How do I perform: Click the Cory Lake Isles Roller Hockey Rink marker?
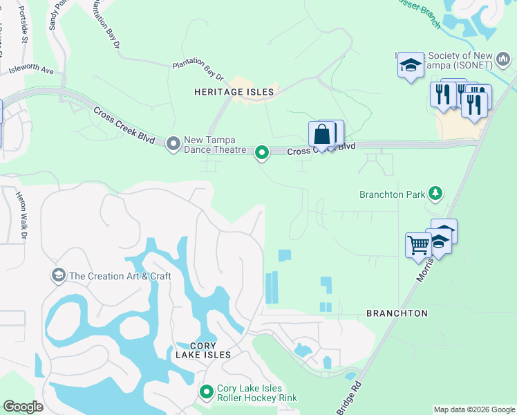click(206, 392)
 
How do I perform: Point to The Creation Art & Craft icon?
click(58, 275)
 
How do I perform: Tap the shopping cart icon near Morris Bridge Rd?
click(417, 245)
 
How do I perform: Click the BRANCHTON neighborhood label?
click(397, 313)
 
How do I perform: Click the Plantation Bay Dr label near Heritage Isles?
click(198, 71)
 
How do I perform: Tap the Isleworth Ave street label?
click(31, 71)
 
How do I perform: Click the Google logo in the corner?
click(23, 407)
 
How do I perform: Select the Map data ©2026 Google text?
click(473, 409)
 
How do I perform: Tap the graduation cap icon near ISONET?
click(410, 66)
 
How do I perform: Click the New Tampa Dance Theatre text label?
click(215, 145)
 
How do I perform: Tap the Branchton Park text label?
click(391, 194)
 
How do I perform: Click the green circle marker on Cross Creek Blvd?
click(261, 151)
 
